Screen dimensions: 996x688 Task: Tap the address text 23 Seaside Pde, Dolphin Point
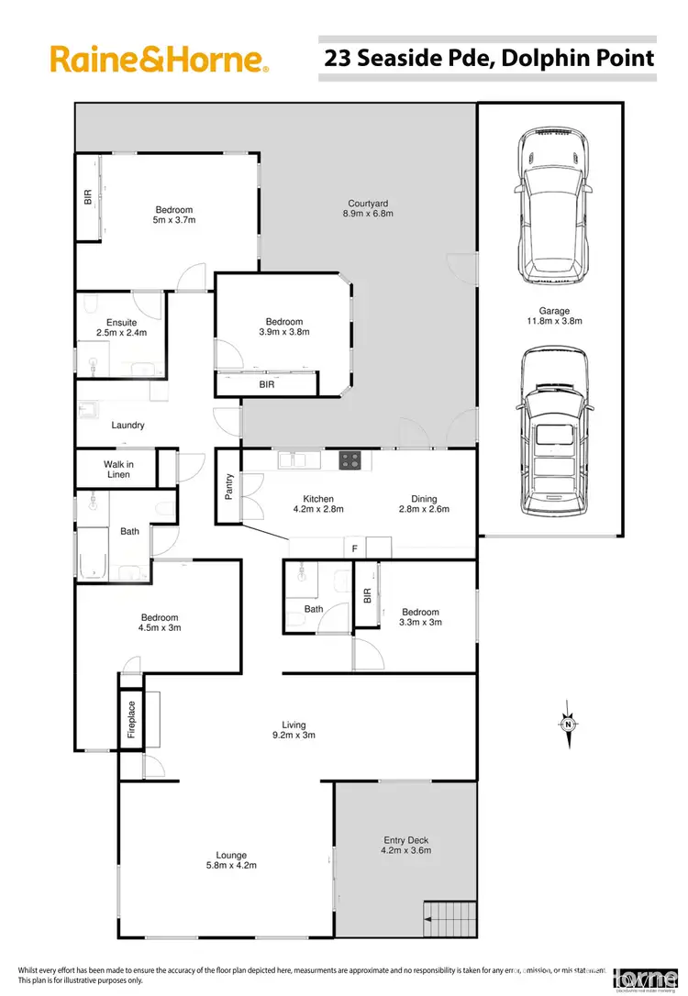point(489,59)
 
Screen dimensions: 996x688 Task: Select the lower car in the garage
point(550,434)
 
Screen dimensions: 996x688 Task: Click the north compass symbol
point(568,722)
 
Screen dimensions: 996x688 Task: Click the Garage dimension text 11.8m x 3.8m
point(554,321)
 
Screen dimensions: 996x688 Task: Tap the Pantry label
point(229,487)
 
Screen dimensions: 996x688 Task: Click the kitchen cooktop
point(350,459)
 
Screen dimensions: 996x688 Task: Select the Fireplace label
point(131,720)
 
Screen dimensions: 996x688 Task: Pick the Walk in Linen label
point(117,470)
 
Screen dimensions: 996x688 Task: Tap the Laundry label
point(128,426)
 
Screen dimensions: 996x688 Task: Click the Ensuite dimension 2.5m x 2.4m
point(121,333)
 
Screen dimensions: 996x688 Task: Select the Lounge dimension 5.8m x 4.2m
point(231,865)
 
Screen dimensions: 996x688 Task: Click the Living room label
point(294,725)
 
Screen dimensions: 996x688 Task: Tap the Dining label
point(424,499)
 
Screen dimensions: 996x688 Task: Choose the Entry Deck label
point(405,840)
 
